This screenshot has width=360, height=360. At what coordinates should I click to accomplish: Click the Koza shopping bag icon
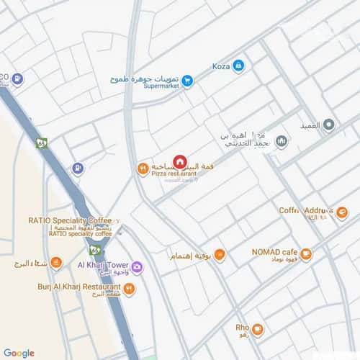[238, 66]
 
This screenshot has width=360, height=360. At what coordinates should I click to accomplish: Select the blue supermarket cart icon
[187, 81]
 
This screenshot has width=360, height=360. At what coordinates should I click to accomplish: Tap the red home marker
[180, 161]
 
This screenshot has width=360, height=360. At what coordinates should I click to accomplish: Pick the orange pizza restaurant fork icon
[143, 168]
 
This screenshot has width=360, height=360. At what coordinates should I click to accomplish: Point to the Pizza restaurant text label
[174, 174]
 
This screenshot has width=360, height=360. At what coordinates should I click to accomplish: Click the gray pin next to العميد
[329, 125]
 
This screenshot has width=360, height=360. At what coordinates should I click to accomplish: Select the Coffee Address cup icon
[341, 212]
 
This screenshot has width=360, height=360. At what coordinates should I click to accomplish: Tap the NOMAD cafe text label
[274, 252]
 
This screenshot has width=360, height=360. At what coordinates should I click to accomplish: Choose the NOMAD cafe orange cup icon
[306, 253]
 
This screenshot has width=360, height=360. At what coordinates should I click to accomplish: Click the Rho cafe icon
[257, 329]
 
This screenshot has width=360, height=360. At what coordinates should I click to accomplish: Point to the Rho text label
[242, 328]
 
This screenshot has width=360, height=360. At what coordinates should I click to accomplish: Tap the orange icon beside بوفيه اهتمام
[220, 255]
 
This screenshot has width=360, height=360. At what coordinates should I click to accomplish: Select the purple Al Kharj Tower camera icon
[137, 266]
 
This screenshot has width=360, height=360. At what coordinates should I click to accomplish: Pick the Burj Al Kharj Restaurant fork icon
[129, 289]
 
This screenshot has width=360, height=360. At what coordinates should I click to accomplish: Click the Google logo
[19, 353]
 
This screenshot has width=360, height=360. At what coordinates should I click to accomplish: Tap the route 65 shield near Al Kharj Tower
[95, 251]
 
